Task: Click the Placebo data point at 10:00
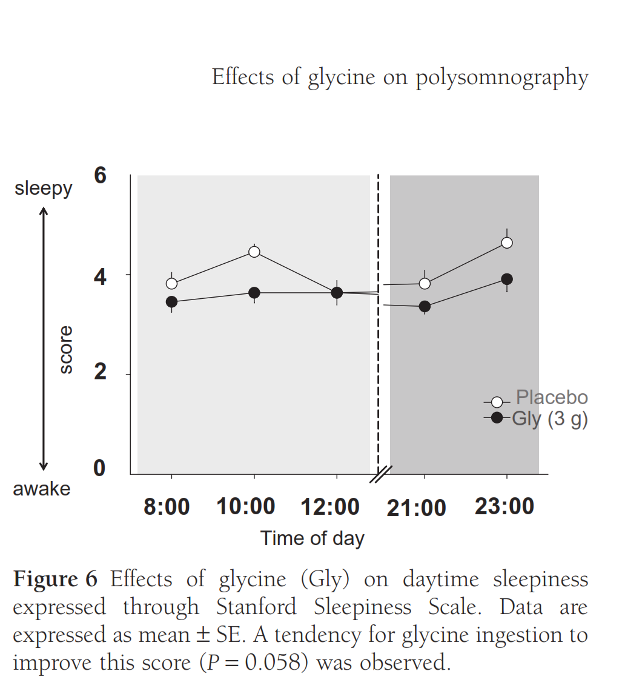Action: pos(254,252)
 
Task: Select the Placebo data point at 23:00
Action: pos(507,243)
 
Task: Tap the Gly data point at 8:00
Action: pos(171,302)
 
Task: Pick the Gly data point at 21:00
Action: pos(425,306)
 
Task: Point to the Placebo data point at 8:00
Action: pos(171,283)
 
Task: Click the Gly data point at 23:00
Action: pos(507,279)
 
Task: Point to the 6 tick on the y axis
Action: pos(100,175)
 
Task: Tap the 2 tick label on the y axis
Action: pos(100,372)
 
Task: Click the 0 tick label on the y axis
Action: pos(100,468)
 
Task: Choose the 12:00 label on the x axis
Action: pos(330,507)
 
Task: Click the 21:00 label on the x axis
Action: pos(417,508)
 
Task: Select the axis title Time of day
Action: pos(312,538)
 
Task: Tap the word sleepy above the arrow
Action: pos(44,189)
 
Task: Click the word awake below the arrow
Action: pos(42,489)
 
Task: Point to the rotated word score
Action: pos(65,350)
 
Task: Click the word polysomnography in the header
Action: pos(501,78)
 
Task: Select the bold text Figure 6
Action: pos(55,579)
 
